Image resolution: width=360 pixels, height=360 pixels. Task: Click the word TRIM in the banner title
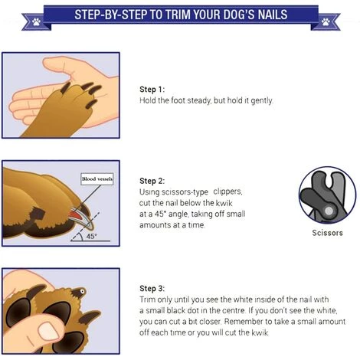[x=175, y=15]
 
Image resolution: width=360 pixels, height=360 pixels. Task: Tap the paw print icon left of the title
[x=36, y=21]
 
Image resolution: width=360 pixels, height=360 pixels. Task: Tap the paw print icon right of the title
[x=326, y=21]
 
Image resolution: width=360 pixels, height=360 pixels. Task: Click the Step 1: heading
[x=152, y=90]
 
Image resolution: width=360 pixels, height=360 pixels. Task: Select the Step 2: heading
[x=152, y=181]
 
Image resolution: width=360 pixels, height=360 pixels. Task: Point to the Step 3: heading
[x=152, y=288]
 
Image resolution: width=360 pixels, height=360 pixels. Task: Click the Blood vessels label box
[x=97, y=179]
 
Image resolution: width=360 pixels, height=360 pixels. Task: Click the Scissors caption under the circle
[x=327, y=233]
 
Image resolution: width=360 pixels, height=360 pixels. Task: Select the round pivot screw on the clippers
[x=329, y=211]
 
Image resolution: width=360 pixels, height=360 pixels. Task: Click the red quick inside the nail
[x=78, y=215]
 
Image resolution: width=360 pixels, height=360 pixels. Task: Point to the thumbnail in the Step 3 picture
[x=49, y=331]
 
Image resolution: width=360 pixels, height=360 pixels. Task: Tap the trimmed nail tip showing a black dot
[x=82, y=291]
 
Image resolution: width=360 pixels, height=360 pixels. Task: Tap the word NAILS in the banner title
[x=273, y=15]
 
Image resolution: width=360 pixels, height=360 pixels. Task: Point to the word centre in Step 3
[x=233, y=310]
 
